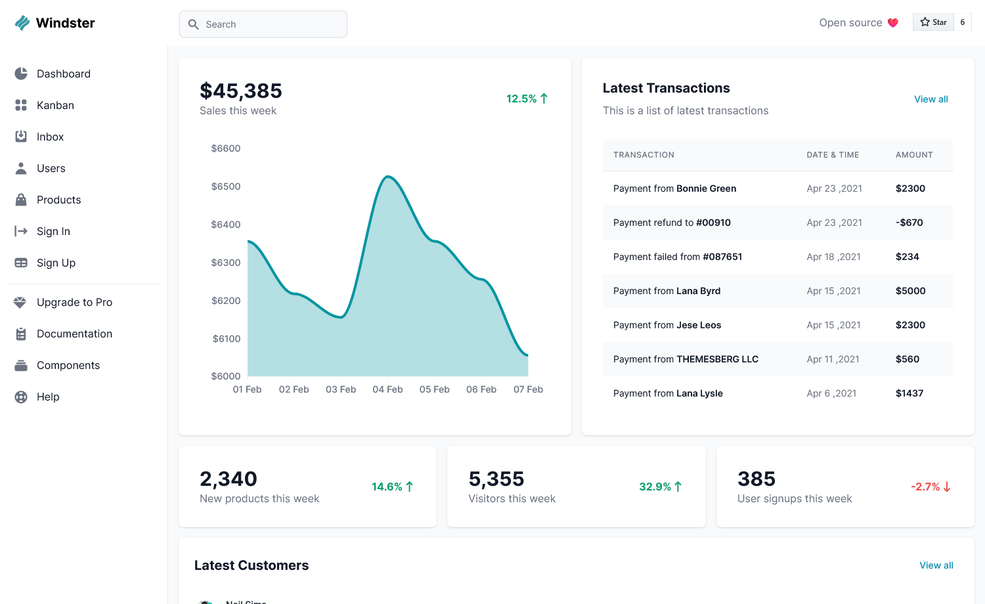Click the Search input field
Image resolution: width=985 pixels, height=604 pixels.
tap(263, 24)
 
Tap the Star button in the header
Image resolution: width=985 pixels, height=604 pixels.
tap(933, 22)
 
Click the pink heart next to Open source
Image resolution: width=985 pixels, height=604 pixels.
tap(892, 23)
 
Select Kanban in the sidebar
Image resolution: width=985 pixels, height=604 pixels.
tap(55, 105)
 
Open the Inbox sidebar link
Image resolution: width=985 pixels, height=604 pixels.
tap(50, 137)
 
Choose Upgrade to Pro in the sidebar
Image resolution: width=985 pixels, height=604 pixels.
tap(74, 302)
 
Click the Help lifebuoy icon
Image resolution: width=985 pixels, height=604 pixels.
tap(20, 397)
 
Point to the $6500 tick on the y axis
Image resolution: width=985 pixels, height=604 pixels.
tap(226, 186)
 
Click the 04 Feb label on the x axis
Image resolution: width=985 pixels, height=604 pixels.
tap(387, 389)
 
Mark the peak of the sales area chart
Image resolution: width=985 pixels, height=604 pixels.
tap(388, 177)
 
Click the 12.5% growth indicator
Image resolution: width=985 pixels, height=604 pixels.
tap(527, 98)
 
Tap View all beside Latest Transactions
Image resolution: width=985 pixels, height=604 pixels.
tap(931, 99)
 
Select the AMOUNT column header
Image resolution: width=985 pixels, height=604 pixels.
tap(914, 155)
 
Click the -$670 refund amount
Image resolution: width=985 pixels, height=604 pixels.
tap(909, 223)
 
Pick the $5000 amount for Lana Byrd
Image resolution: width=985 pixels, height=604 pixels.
tap(910, 291)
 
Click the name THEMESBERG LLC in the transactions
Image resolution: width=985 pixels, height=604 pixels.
tap(717, 359)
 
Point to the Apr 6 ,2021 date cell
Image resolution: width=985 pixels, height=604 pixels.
tap(831, 393)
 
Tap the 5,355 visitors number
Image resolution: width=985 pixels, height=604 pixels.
tap(496, 479)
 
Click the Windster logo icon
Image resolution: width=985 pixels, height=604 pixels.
tap(22, 23)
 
